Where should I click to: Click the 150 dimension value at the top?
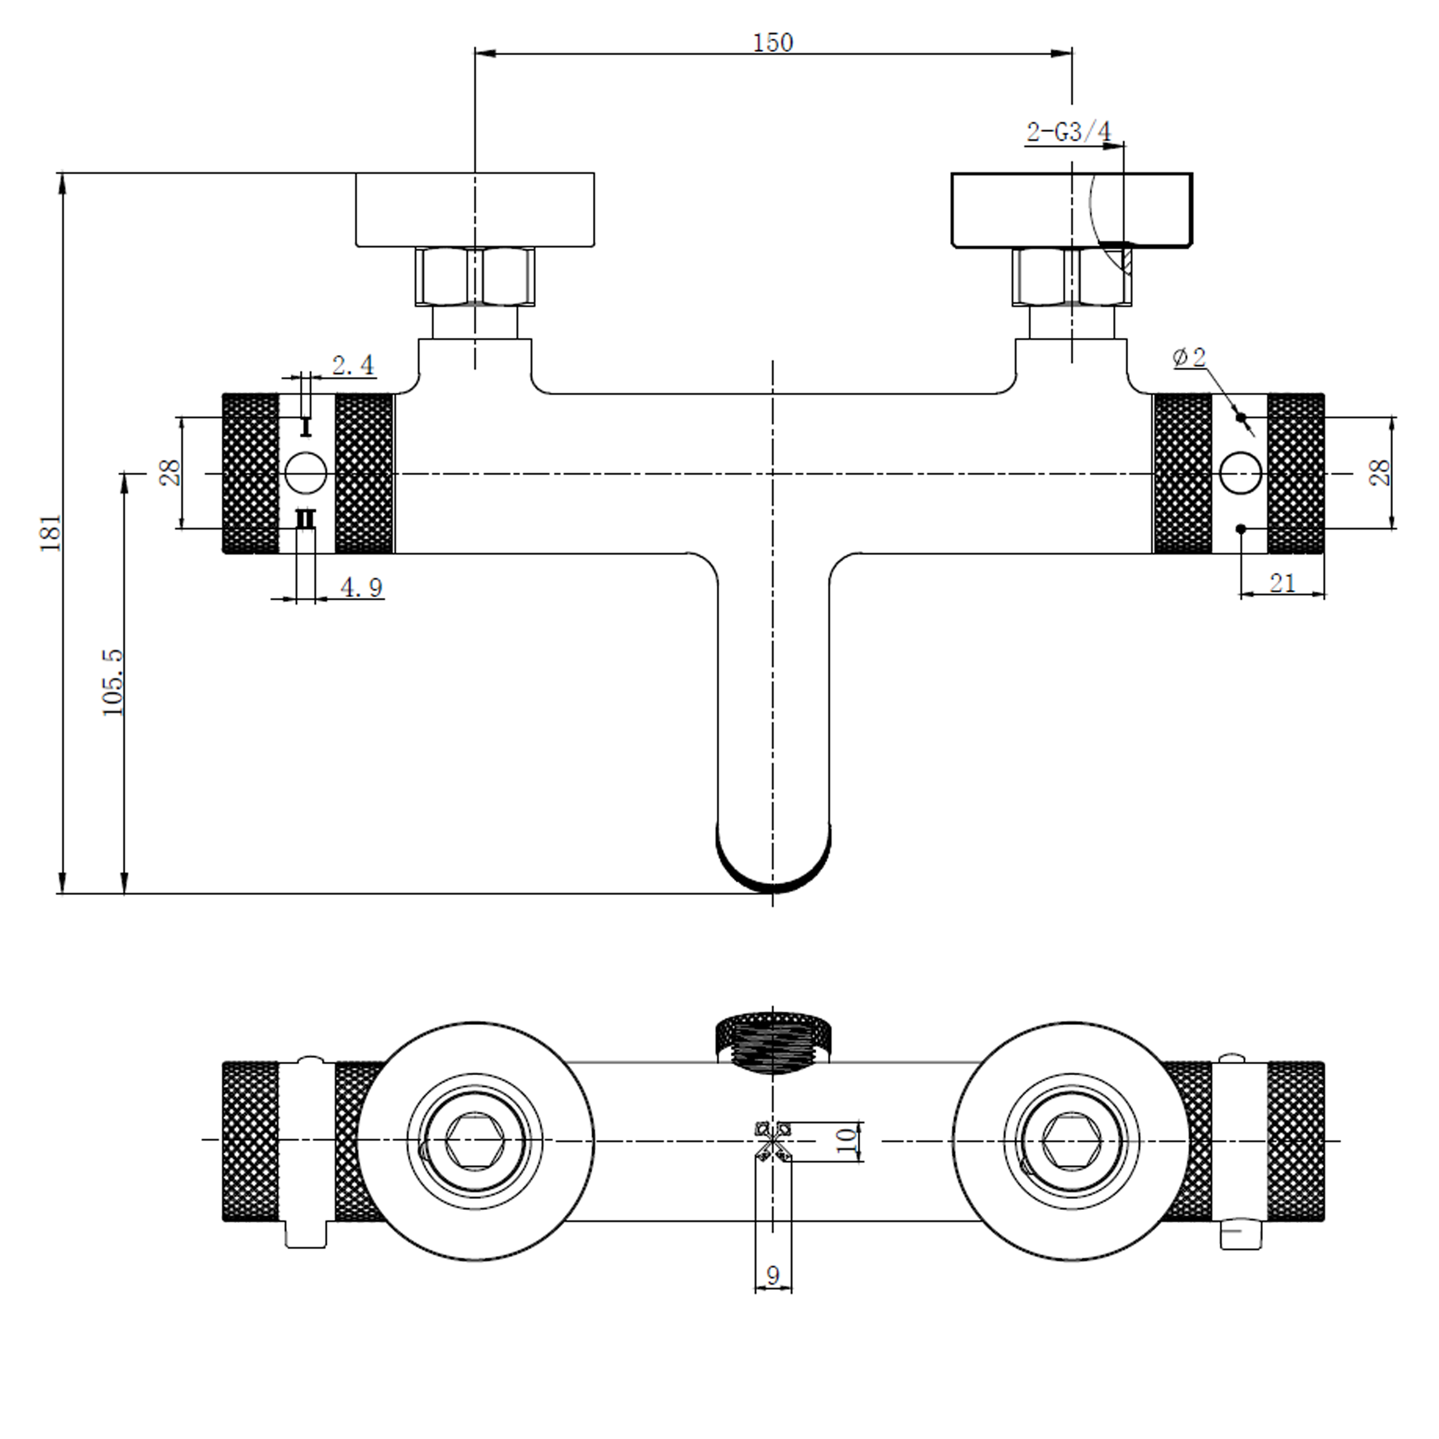pos(773,43)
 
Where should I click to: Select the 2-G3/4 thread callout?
pos(1069,132)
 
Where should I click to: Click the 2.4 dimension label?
pos(353,365)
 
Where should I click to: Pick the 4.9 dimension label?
pos(362,588)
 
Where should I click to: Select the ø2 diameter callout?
pos(1190,357)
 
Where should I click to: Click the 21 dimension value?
pos(1282,583)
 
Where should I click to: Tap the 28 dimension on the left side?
pos(170,472)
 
